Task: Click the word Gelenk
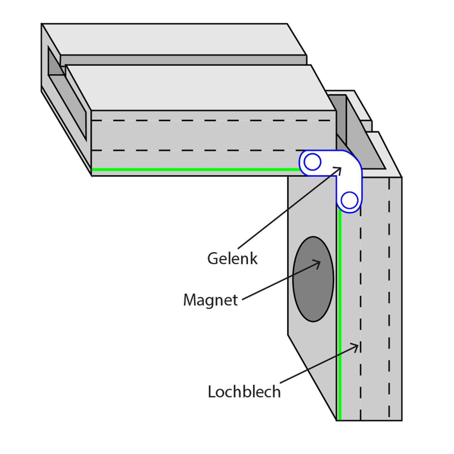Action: tap(232, 259)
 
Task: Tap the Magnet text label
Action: tap(210, 300)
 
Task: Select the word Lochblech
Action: tap(244, 392)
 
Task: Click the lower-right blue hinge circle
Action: tap(350, 200)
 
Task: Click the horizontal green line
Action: tap(195, 169)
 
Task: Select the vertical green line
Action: tap(340, 315)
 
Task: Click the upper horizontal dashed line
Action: tap(211, 120)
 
